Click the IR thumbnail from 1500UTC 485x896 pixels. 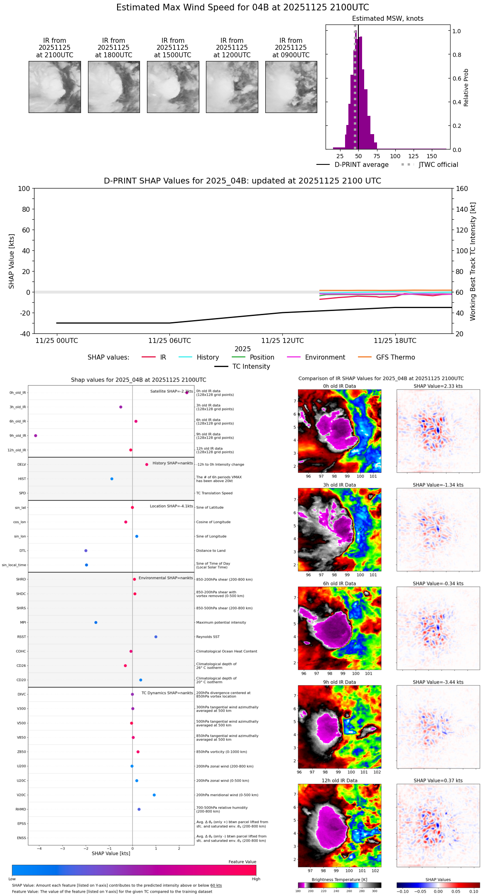tap(173, 87)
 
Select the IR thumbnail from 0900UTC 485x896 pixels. tap(291, 87)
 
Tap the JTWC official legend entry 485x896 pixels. tap(438, 165)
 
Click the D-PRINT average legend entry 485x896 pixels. tap(361, 165)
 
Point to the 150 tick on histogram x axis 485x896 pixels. tap(432, 156)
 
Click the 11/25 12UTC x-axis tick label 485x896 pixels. tap(282, 341)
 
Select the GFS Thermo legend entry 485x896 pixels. tap(395, 357)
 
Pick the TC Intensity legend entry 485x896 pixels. tap(251, 367)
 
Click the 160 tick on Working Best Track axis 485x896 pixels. tap(462, 189)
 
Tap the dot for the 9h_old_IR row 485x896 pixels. tap(36, 436)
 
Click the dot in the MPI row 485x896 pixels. tap(96, 622)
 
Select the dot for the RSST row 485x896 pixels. tap(156, 637)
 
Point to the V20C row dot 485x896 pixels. tap(154, 795)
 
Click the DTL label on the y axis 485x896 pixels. tap(22, 551)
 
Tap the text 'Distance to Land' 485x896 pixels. tap(211, 551)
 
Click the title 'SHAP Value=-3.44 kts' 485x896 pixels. tap(438, 682)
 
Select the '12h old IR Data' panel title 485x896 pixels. tap(339, 781)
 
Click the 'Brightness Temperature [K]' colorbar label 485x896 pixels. tap(339, 879)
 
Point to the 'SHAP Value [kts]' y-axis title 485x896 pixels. tap(12, 261)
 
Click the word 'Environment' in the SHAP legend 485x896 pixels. tap(325, 357)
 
